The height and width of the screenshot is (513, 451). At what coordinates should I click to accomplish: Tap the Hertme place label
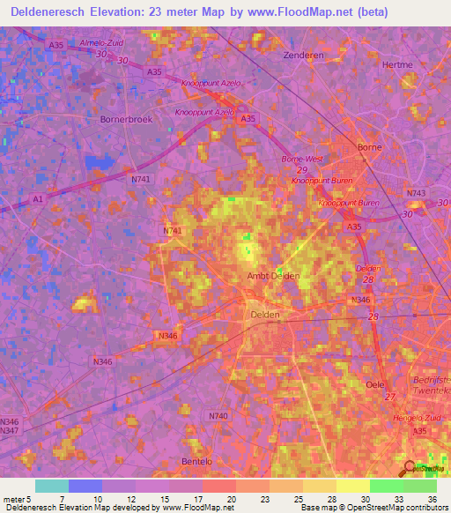tap(398, 64)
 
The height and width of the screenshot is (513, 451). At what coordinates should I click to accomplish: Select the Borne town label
tap(368, 147)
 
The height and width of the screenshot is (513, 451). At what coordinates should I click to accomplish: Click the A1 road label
tap(38, 199)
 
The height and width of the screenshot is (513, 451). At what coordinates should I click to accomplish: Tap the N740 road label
tap(218, 415)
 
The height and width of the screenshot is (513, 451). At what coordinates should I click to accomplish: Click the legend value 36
tap(433, 499)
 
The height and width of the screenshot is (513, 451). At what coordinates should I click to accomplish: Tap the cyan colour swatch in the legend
tap(51, 486)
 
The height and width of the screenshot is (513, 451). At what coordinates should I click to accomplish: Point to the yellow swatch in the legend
tap(352, 486)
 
